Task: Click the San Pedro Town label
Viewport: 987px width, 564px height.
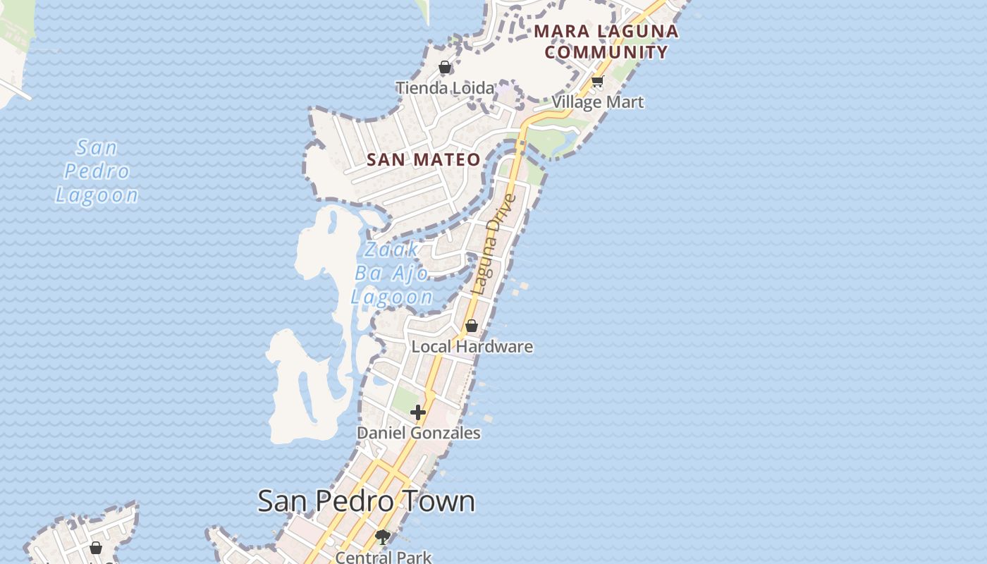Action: (366, 501)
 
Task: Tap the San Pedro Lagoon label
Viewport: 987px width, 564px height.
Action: (97, 171)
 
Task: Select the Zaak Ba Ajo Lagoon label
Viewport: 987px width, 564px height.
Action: (391, 274)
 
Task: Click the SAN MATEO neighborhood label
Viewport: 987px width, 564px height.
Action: (424, 160)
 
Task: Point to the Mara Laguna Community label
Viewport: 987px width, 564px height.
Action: (606, 42)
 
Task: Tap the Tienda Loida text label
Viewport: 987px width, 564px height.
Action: (445, 88)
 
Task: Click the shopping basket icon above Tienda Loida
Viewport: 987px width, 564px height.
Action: (445, 68)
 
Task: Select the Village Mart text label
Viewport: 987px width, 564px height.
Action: (598, 102)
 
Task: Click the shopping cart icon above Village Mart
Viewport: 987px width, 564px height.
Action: (598, 82)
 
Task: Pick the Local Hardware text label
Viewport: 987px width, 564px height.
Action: (472, 347)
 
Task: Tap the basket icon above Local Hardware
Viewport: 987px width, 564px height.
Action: (472, 326)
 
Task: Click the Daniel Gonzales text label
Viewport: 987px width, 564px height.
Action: (419, 433)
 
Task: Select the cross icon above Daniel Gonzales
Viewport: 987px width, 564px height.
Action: (418, 412)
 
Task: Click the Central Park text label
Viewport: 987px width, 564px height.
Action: (383, 557)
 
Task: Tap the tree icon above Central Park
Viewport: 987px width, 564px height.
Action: (383, 538)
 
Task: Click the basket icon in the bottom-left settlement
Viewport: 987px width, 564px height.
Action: (96, 547)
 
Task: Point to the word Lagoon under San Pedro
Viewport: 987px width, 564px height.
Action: (97, 195)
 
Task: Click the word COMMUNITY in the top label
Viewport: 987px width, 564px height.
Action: (606, 52)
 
